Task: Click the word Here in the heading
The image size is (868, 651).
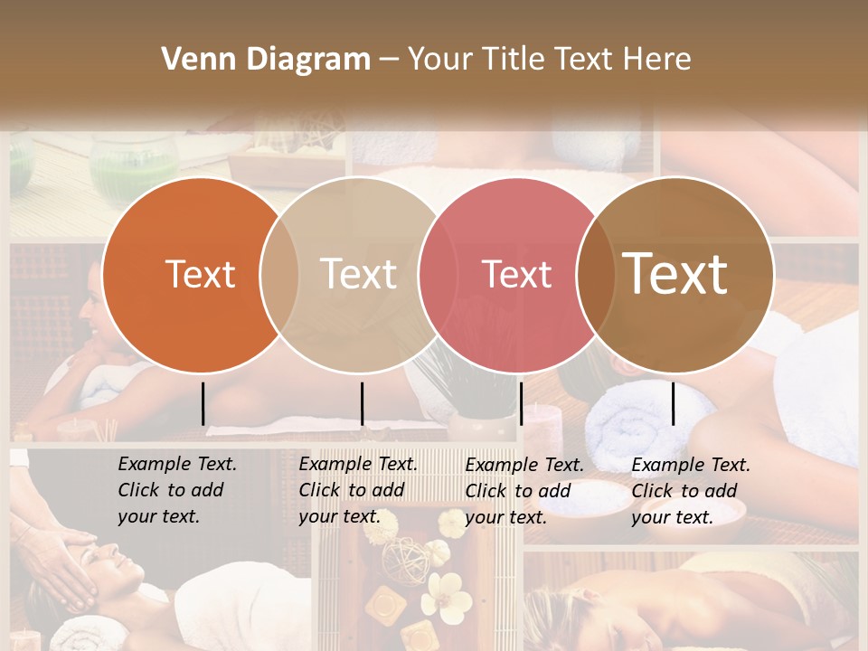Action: click(x=658, y=60)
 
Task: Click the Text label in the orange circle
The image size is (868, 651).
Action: click(x=200, y=274)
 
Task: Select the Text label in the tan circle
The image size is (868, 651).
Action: click(x=358, y=274)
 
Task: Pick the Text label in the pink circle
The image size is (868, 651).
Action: click(x=516, y=274)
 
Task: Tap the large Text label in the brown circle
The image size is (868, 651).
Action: click(x=675, y=273)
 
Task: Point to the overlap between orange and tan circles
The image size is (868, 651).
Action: click(x=279, y=275)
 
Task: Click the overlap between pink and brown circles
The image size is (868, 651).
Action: click(x=596, y=275)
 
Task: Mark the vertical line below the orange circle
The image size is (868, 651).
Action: click(x=203, y=403)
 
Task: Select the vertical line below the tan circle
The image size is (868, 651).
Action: click(x=362, y=403)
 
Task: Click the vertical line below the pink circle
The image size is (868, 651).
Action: click(x=521, y=403)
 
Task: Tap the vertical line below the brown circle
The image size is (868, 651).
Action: click(x=673, y=403)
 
